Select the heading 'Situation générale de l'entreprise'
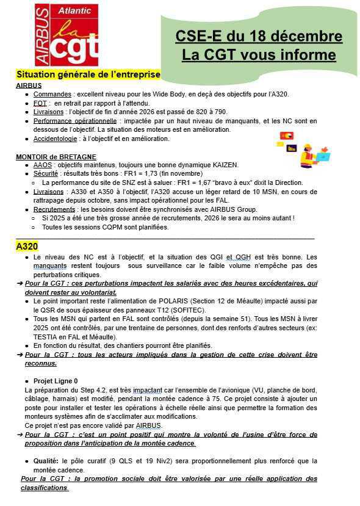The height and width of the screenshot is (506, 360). [x=88, y=74]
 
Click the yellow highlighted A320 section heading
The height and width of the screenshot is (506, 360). [x=27, y=247]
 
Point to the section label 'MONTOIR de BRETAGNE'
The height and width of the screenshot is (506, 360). [x=50, y=156]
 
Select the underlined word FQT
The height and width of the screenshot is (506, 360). [x=40, y=103]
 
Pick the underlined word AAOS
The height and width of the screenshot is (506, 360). [x=43, y=165]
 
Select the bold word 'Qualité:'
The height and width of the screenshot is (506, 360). [x=47, y=461]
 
